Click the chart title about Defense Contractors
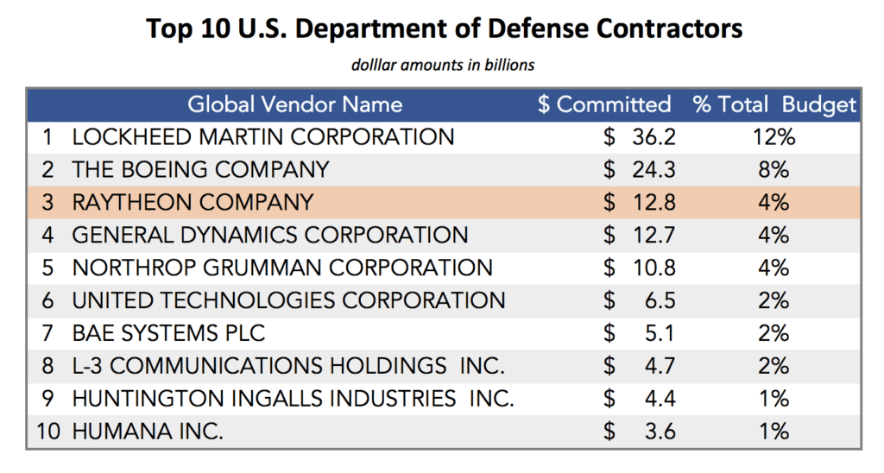tap(444, 28)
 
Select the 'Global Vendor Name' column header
tap(295, 104)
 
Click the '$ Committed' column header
tap(603, 104)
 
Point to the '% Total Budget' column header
tap(774, 104)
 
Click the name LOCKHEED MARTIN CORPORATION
tap(262, 136)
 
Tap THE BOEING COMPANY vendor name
tap(200, 169)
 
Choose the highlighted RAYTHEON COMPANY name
tap(193, 202)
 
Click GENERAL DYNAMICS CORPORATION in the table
tap(269, 234)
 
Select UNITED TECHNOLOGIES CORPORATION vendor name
tap(288, 300)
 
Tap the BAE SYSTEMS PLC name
tap(168, 332)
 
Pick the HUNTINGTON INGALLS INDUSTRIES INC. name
tap(293, 398)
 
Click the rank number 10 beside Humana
tap(48, 431)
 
